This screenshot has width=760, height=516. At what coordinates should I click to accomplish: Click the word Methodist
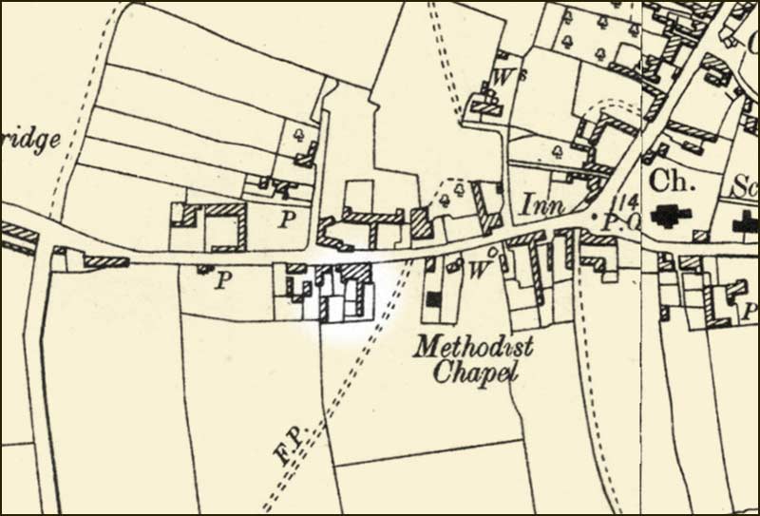tap(472, 347)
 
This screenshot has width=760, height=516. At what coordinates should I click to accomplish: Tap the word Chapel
tap(475, 373)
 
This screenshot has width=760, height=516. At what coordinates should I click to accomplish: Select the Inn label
tap(542, 204)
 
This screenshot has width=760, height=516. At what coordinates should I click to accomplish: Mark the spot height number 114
tap(626, 201)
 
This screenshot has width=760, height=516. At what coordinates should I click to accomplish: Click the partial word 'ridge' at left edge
tap(30, 140)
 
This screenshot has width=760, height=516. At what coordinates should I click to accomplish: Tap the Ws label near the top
tap(503, 75)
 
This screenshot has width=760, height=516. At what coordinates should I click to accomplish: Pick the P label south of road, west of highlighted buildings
tap(222, 280)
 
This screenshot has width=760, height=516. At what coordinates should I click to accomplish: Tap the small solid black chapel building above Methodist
tap(434, 299)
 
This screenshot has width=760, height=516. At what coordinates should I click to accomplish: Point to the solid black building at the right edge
tap(747, 224)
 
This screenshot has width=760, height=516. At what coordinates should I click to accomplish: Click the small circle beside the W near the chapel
tap(492, 251)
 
